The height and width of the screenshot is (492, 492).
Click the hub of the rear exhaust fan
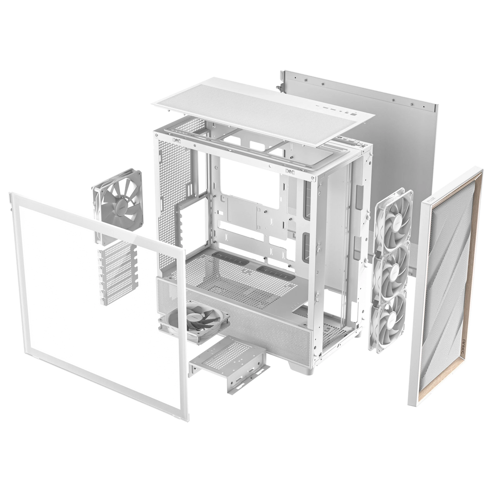pos(117,205)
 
